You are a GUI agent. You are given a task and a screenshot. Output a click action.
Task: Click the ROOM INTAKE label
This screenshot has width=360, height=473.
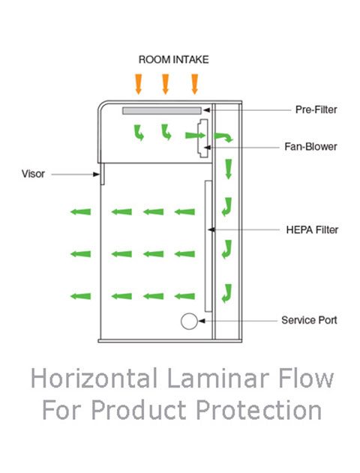173,59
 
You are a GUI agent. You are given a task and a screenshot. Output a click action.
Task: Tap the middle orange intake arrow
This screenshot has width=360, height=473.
165,84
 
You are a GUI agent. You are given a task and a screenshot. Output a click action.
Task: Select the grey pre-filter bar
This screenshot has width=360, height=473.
162,111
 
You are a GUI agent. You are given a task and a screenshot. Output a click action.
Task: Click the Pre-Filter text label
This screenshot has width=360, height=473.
316,109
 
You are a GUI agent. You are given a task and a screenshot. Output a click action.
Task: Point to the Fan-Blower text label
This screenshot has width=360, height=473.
310,147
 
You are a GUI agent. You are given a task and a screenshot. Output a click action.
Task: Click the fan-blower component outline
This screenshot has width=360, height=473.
202,139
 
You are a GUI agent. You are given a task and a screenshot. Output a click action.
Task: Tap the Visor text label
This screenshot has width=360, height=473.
33,174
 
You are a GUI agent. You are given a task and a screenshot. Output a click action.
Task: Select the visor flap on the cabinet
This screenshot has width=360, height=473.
102,174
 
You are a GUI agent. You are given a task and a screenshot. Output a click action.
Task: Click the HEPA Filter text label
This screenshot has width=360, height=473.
312,230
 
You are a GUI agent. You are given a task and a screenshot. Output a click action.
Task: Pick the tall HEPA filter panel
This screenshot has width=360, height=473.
208,246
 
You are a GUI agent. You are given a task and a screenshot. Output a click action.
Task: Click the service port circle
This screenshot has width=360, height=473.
189,322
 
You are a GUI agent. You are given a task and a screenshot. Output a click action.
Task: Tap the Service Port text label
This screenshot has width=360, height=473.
309,320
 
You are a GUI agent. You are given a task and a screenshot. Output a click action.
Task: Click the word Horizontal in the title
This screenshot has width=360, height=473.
94,379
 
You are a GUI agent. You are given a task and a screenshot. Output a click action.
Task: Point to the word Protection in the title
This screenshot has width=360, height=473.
259,409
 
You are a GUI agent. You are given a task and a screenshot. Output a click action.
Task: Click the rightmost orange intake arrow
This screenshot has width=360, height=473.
195,84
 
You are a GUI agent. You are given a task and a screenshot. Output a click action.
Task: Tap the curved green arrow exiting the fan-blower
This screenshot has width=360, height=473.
223,136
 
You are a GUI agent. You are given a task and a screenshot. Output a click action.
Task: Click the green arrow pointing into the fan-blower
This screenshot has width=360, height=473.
195,135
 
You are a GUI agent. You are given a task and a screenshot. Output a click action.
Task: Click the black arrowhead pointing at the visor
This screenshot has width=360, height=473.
96,175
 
